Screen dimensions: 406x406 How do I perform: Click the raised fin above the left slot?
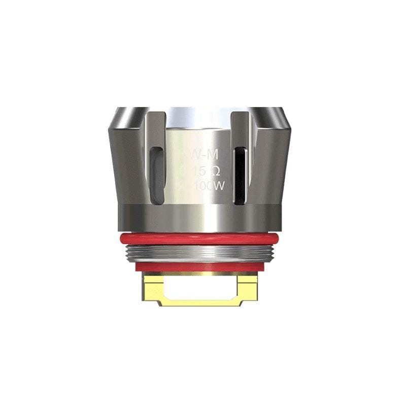(x=158, y=127)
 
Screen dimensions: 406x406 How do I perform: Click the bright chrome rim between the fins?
(x=198, y=115)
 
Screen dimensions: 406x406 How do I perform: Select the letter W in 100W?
(x=220, y=186)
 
